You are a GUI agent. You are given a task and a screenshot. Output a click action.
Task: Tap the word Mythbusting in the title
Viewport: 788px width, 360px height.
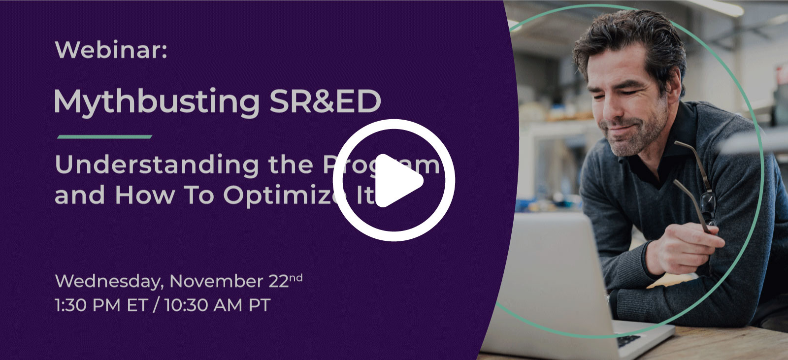[157, 102]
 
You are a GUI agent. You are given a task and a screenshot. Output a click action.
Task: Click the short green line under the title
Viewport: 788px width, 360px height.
[104, 137]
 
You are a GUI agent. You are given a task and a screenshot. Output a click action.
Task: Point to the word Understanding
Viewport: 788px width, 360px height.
[157, 165]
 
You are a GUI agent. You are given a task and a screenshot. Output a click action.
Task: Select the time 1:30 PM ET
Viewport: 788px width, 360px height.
[101, 305]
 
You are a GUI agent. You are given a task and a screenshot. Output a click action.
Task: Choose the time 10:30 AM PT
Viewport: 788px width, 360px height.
[217, 305]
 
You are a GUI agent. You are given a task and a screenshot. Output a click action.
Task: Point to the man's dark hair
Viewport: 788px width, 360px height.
[625, 34]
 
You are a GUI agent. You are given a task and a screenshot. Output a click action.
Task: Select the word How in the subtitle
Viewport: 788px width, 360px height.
[144, 196]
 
